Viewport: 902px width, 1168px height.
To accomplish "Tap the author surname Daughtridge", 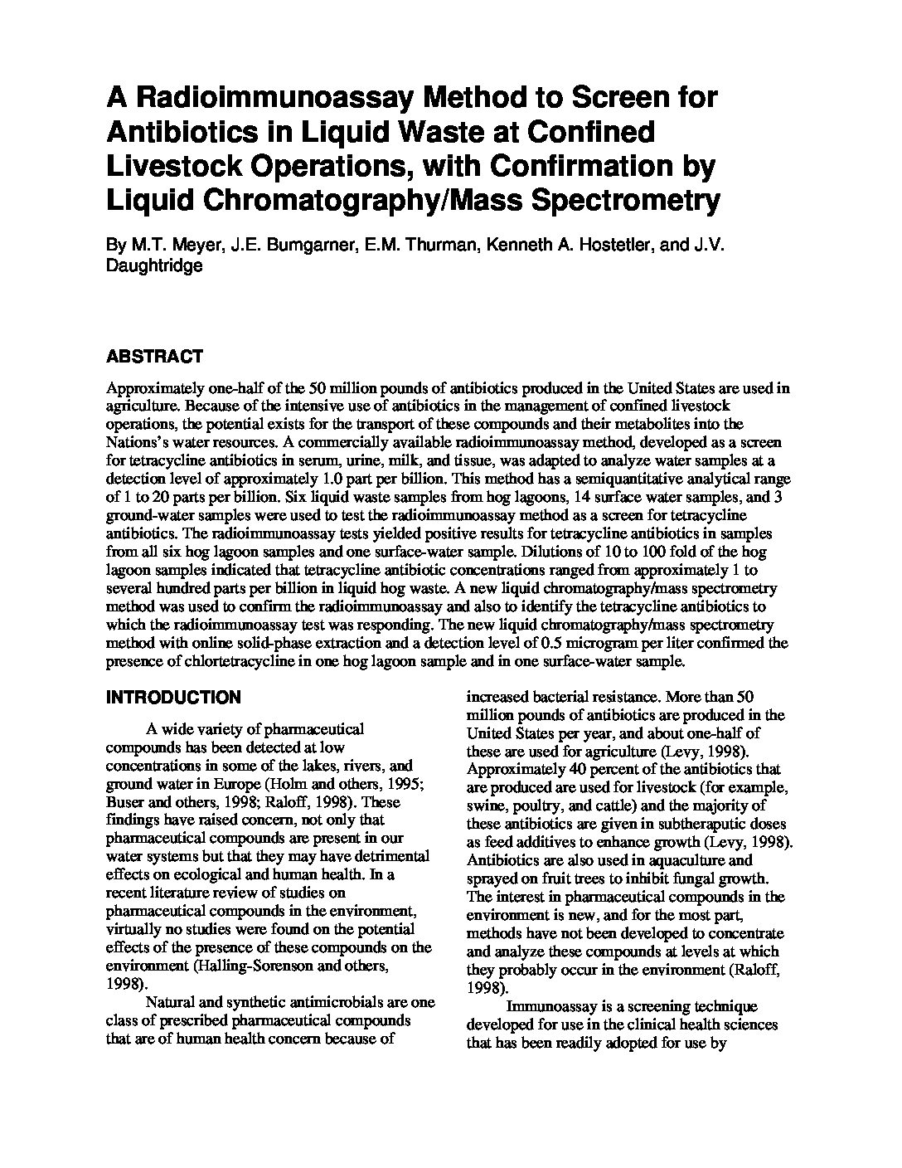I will click(154, 266).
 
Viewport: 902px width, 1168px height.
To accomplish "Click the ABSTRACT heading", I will click(154, 358).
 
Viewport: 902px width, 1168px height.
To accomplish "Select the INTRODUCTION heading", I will click(173, 698).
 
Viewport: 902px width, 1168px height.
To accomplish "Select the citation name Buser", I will click(124, 802).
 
